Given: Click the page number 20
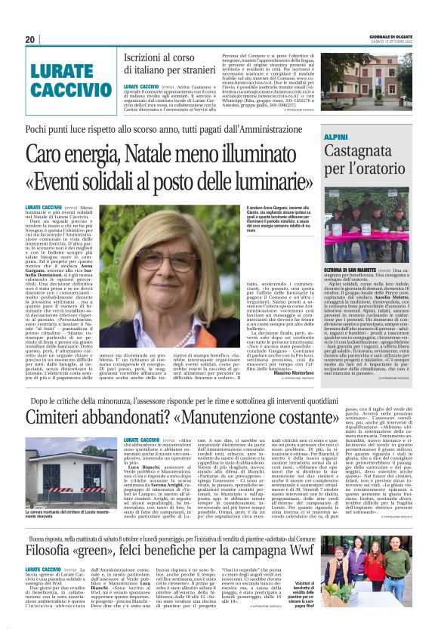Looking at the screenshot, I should coord(30,40).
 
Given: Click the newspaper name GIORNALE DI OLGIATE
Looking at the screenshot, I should coord(390,34).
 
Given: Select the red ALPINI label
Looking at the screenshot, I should coord(336,137).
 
